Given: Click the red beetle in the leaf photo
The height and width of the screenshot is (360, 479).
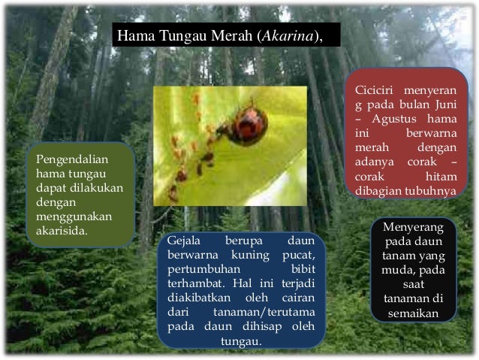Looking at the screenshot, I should coord(246,126).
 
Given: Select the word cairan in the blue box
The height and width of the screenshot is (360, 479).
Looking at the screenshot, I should coord(296,297).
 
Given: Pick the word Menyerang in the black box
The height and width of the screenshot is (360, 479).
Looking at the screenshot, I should coord(413,227).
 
